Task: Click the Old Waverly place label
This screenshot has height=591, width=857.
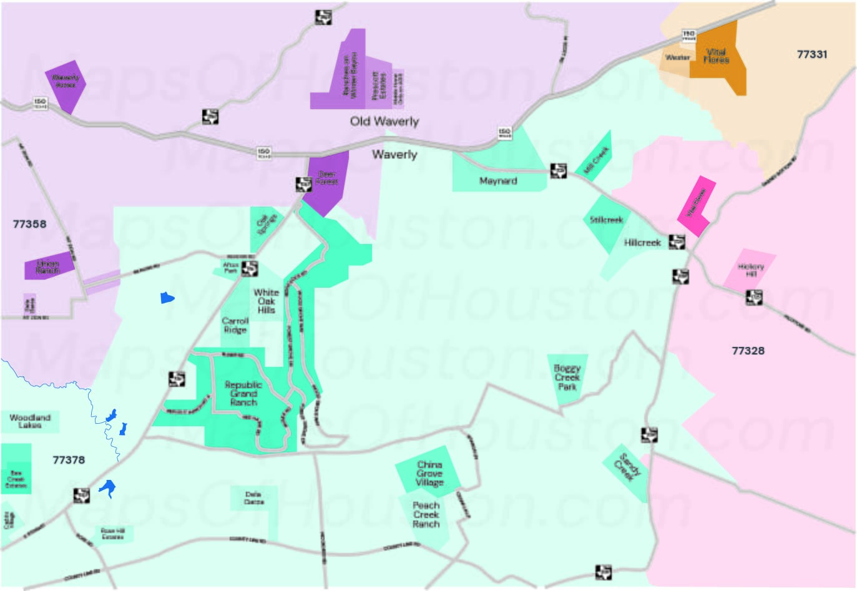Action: point(384,121)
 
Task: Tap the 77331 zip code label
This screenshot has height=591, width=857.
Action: point(811,54)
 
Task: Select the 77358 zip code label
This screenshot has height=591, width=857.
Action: point(29,223)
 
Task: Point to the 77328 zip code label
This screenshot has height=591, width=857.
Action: point(748,351)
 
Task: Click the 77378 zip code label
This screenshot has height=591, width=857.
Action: point(69,460)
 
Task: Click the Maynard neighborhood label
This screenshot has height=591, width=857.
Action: point(498,181)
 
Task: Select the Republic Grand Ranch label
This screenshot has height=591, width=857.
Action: point(243,394)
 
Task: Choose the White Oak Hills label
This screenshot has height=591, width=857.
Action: point(267,301)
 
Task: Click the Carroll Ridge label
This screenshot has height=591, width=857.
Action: point(235,325)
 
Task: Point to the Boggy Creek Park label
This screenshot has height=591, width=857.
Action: point(567,378)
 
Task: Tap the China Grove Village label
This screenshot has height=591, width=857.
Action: point(429,474)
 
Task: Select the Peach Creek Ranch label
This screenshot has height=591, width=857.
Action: point(426,515)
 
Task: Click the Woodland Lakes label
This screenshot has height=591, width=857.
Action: point(30,421)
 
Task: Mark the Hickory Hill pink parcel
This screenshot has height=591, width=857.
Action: point(750,270)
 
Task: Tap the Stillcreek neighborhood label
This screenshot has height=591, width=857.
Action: point(606,220)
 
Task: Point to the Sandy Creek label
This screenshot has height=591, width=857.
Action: point(627,467)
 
